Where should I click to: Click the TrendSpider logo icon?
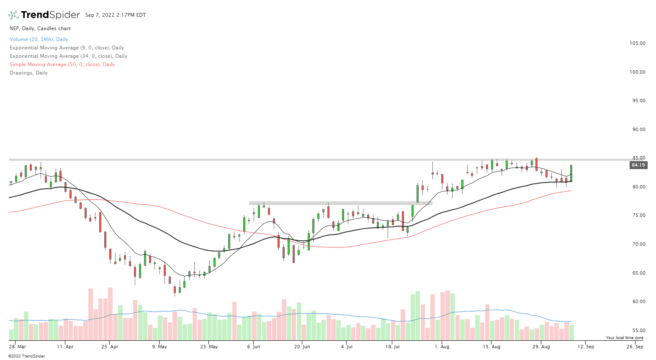[x=13, y=15]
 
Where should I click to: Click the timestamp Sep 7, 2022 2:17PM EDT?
[x=116, y=15]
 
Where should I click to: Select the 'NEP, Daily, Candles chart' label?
[x=40, y=28]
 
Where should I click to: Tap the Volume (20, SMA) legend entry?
[x=39, y=39]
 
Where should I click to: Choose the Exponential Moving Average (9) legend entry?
[x=67, y=48]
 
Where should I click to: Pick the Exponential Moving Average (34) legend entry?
[x=68, y=56]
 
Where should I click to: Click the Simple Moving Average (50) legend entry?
[x=62, y=64]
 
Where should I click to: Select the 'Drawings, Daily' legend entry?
[x=28, y=73]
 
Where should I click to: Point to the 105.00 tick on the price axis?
[x=637, y=43]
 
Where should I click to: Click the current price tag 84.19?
[x=638, y=165]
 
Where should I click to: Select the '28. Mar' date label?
[x=18, y=347]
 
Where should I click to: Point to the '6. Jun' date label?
[x=254, y=347]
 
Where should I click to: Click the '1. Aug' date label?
[x=442, y=347]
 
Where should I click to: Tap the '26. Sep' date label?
[x=635, y=347]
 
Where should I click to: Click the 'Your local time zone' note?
[x=625, y=338]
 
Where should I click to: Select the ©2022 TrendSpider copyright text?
[x=26, y=356]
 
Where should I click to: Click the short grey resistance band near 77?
[x=340, y=203]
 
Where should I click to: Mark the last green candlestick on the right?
[x=571, y=173]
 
